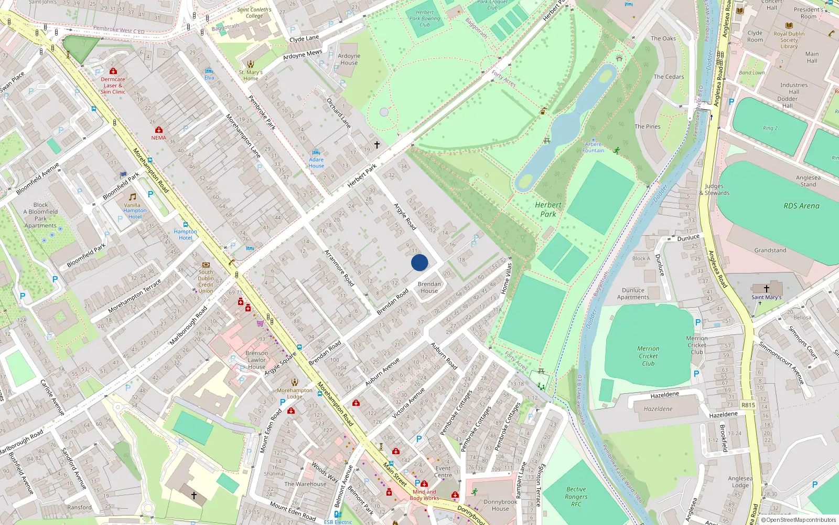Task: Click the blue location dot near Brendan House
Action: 419,262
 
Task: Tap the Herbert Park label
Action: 548,209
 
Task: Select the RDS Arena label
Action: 801,206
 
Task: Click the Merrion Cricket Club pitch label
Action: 648,356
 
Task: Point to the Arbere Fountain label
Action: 593,147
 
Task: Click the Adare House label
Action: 316,162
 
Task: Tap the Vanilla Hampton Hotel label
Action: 135,211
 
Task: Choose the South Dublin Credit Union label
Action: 206,281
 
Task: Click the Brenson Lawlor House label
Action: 256,360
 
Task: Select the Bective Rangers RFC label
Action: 576,497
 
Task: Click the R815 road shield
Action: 748,405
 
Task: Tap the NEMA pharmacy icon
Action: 159,130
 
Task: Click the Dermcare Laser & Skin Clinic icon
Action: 113,71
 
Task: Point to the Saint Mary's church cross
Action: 766,289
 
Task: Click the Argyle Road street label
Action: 405,216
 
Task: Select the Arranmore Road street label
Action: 339,268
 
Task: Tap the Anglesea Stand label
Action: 808,181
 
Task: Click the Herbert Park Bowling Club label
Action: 425,18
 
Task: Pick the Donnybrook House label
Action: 500,505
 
